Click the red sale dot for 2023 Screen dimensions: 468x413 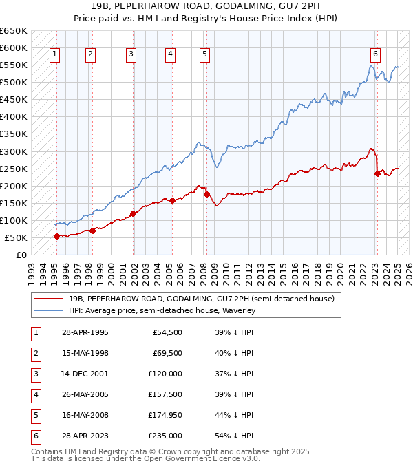pos(377,173)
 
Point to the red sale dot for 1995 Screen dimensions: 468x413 pos(56,236)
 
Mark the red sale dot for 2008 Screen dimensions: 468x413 pos(206,194)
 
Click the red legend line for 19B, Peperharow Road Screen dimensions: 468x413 pos(48,299)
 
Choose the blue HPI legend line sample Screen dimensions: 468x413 pos(48,310)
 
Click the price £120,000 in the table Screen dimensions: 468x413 pos(167,374)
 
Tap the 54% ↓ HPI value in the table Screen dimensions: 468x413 pos(235,436)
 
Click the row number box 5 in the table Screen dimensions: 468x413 pos(34,415)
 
